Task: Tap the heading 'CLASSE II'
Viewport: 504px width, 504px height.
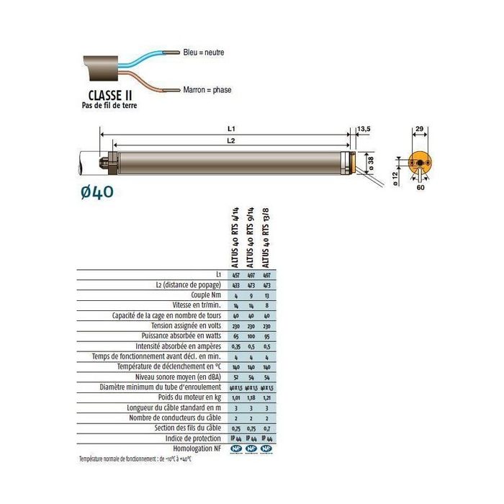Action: [109, 94]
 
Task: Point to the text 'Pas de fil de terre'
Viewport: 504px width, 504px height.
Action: [109, 105]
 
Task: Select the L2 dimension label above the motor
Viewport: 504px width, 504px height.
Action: [228, 141]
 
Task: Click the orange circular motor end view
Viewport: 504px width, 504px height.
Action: [419, 164]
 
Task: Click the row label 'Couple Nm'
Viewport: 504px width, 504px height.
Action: [202, 295]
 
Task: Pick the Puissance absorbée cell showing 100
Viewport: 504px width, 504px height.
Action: [251, 336]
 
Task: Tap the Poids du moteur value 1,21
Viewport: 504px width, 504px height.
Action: [266, 396]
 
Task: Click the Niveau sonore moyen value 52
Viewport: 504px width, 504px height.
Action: [235, 376]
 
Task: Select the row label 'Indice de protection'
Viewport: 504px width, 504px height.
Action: [191, 437]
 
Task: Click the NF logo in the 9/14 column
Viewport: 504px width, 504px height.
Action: [251, 448]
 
